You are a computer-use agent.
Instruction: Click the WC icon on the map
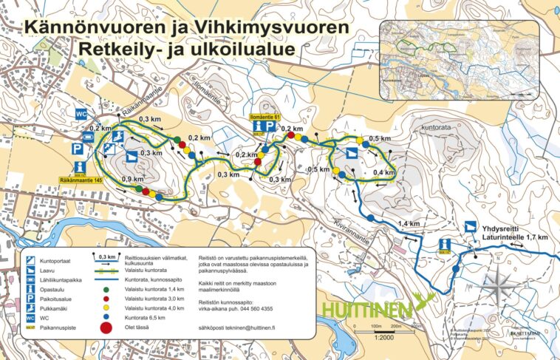click(x=83, y=113)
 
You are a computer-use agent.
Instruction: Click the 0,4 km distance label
click(x=383, y=172)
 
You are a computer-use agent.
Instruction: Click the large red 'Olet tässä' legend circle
click(x=106, y=327)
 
